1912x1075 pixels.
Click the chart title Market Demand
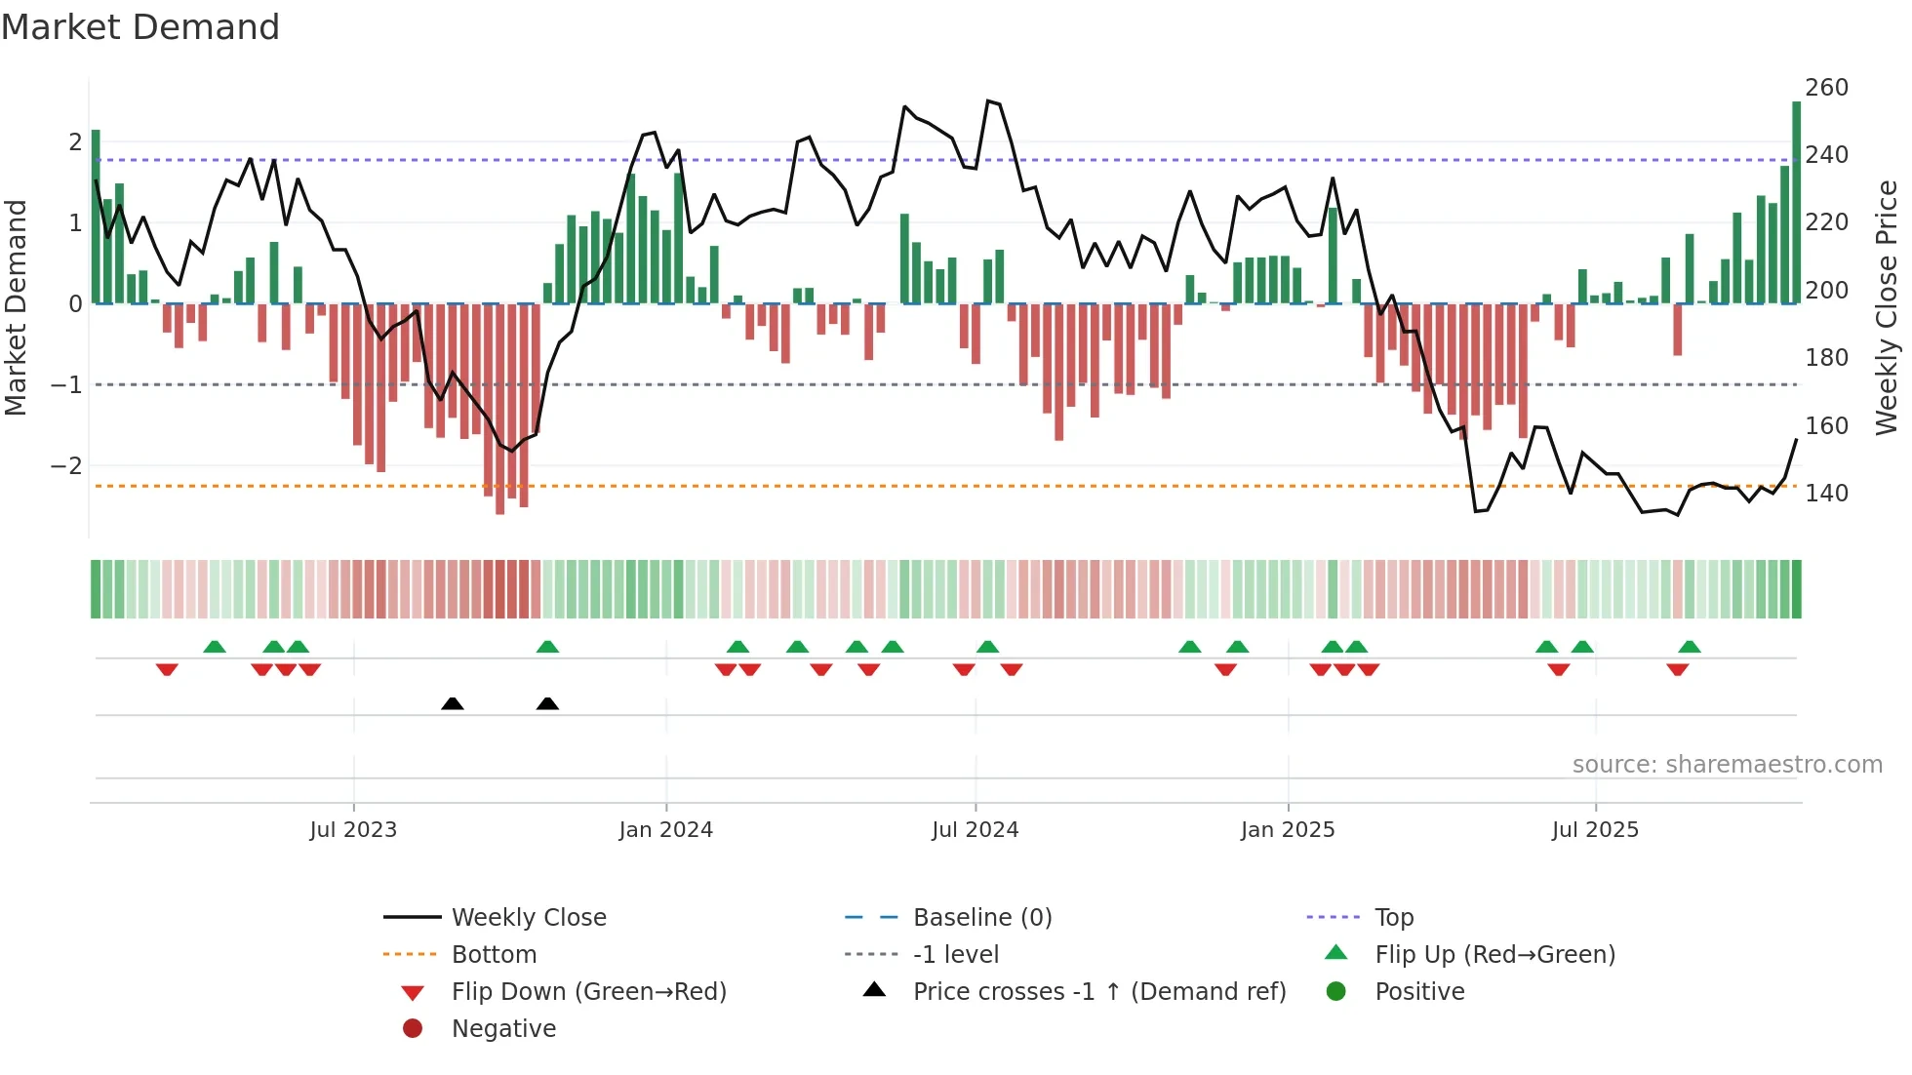(140, 27)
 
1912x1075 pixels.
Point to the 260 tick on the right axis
(1826, 88)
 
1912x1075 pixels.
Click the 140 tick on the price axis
(1826, 494)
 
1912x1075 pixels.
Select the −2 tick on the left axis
(66, 466)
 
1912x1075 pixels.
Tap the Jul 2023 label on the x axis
(353, 830)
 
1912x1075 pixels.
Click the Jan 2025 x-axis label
(1288, 830)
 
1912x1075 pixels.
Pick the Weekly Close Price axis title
(1887, 307)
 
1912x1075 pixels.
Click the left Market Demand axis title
(16, 307)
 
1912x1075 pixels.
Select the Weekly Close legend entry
(529, 918)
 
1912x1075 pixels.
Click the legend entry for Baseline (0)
(982, 918)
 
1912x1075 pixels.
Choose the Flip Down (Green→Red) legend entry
(588, 992)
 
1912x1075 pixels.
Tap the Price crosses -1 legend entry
(1099, 992)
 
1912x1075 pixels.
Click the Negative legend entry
(503, 1029)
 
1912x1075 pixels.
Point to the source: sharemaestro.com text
(1727, 765)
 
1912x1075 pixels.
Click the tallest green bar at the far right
(1796, 203)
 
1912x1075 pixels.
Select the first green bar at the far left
(96, 217)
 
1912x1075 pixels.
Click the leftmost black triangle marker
(452, 703)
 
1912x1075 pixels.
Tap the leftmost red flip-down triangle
(167, 670)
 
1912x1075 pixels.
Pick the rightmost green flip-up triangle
(1690, 647)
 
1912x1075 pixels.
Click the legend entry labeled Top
(1394, 918)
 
